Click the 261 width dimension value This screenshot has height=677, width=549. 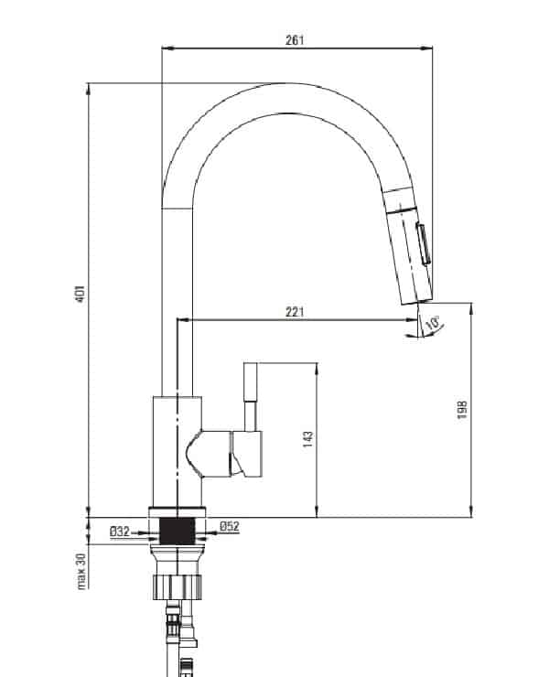point(294,40)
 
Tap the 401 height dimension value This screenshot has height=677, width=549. point(81,294)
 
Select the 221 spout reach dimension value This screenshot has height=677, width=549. point(295,312)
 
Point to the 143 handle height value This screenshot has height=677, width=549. point(308,439)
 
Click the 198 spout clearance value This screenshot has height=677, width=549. point(462,410)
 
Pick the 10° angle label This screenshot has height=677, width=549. point(433,323)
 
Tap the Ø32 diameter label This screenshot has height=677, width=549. point(120,532)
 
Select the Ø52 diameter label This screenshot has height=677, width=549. point(230,526)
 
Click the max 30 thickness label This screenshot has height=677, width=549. point(81,571)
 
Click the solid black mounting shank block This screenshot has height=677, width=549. point(178,531)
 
